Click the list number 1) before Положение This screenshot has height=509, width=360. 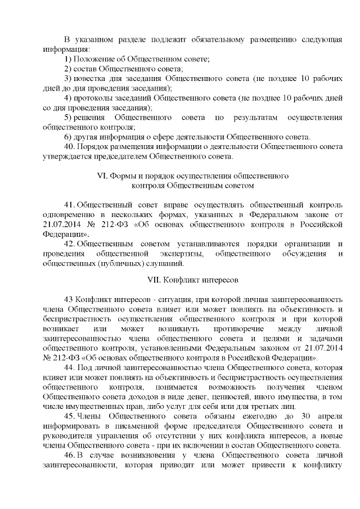click(x=68, y=59)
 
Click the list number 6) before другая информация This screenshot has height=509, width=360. click(x=68, y=137)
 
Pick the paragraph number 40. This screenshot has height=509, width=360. click(x=69, y=147)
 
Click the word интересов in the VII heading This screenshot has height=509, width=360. click(x=220, y=279)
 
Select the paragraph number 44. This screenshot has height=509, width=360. click(x=69, y=367)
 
